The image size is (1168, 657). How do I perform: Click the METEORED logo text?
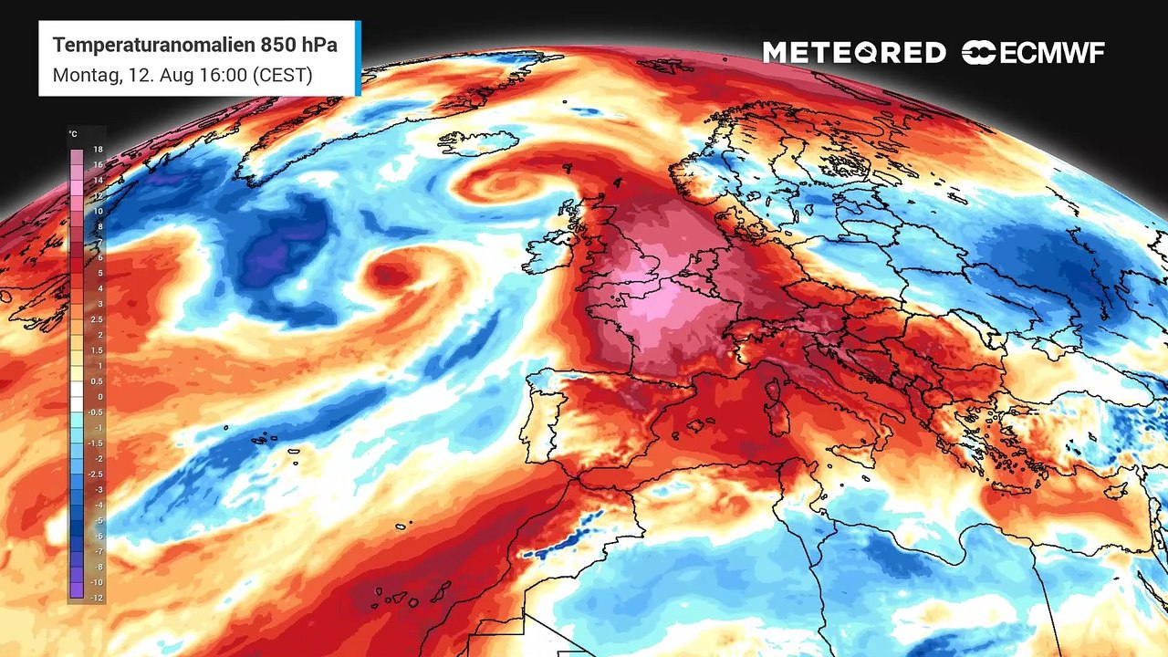point(854,53)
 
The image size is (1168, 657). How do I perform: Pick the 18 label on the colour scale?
point(97,149)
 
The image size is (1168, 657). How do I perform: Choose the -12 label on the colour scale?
point(96,598)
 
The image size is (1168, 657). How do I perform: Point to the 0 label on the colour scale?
point(99,397)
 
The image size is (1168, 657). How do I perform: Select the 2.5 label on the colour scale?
point(96,319)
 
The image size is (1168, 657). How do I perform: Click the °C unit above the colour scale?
point(73,134)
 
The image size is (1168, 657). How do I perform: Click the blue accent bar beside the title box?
point(358,58)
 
